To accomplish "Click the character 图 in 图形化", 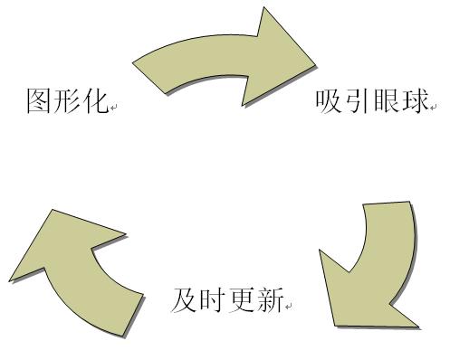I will point(39,100).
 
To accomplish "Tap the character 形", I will point(67,100).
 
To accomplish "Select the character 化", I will point(95,100).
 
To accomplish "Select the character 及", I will point(184,299).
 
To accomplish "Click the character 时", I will point(213,299).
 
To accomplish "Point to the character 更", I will point(241,299).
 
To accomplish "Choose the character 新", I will point(270,299).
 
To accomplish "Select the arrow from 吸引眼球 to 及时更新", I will point(376,267).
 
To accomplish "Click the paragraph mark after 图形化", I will point(114,108).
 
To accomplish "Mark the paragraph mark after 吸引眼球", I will point(434,108).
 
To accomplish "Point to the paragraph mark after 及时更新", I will point(289,307).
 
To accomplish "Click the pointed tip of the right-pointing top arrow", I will point(314,65).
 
